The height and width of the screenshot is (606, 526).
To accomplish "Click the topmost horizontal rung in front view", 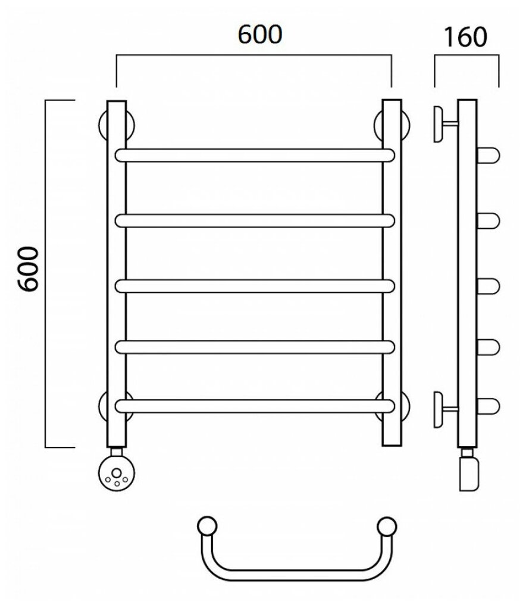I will [x=255, y=156].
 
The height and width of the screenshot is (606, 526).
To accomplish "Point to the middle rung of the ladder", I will [x=255, y=286].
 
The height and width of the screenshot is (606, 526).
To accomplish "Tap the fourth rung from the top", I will [x=255, y=346].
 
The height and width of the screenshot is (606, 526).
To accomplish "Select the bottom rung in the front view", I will [x=255, y=406].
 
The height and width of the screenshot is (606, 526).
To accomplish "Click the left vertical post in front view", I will [x=117, y=273].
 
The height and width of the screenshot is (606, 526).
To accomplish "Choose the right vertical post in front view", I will [x=392, y=273].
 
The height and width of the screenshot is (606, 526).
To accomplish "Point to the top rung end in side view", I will [x=490, y=156].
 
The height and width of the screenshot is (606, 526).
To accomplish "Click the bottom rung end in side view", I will [x=490, y=406].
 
